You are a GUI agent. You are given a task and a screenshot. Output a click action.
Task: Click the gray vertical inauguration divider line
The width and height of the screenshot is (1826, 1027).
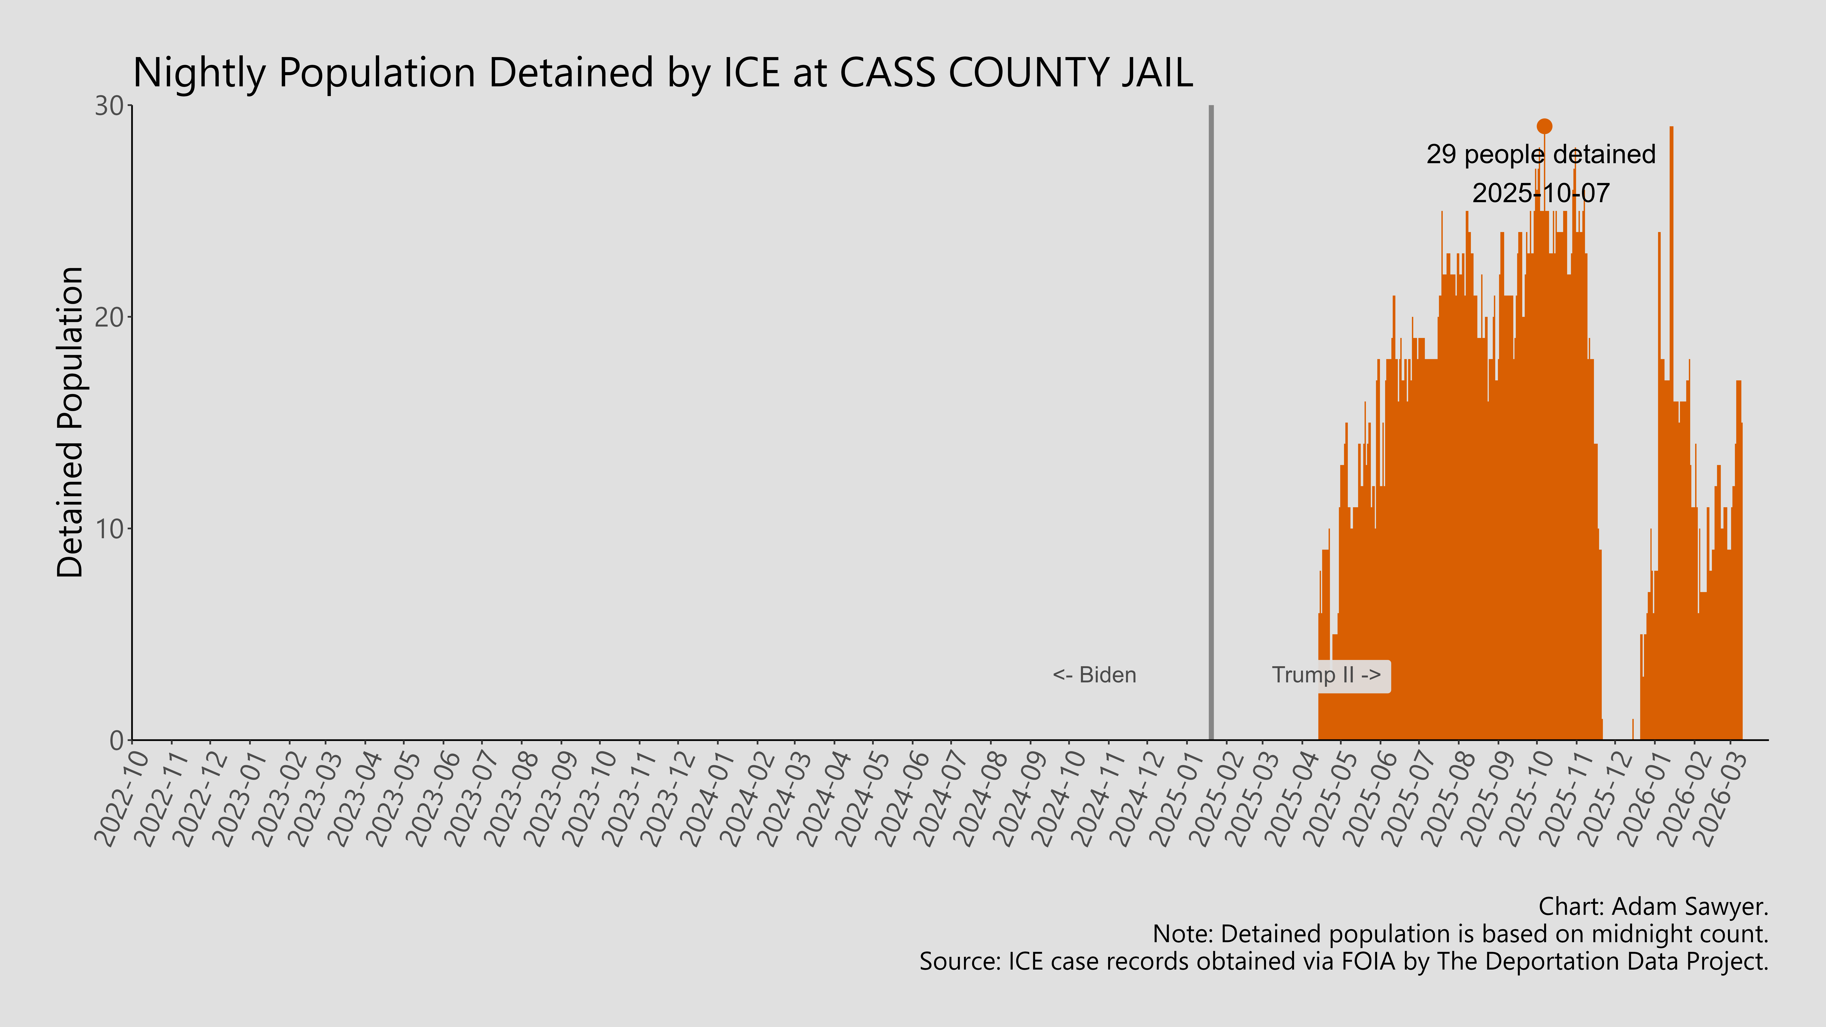coord(1211,425)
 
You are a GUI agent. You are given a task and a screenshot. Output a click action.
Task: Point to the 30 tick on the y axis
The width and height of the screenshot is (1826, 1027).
coord(110,106)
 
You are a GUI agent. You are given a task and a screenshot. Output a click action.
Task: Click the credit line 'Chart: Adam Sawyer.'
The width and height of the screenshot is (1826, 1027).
coord(1653,906)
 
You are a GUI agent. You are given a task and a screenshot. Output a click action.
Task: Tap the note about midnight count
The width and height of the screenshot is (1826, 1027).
coord(1460,934)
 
